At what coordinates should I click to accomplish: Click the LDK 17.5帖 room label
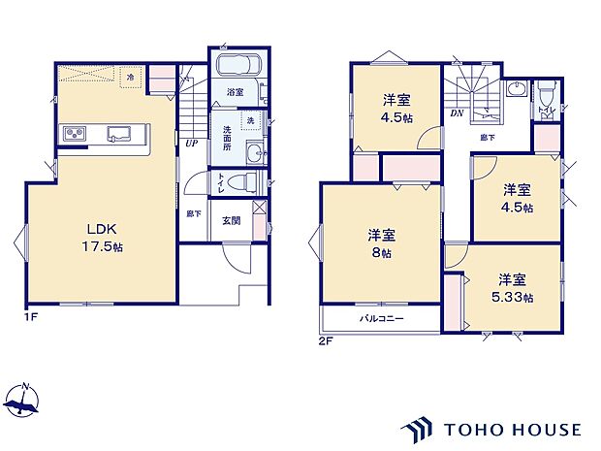tap(103, 238)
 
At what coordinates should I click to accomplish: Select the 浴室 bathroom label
tap(236, 92)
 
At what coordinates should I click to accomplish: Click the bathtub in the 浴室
tap(236, 67)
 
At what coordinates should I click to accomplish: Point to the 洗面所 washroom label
tap(227, 134)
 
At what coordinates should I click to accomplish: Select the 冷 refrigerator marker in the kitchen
tap(130, 75)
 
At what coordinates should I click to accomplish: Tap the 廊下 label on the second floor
tap(487, 138)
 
